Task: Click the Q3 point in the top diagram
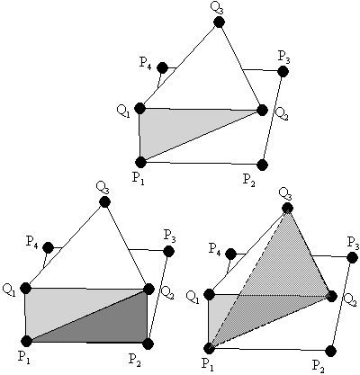(x=220, y=22)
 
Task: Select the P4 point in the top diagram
(x=163, y=67)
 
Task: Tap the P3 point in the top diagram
(x=283, y=71)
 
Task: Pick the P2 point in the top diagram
(x=263, y=165)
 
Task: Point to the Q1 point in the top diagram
(x=139, y=108)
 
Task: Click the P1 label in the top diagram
(x=139, y=179)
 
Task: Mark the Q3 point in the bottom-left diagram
(x=104, y=201)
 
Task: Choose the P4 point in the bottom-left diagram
(x=48, y=247)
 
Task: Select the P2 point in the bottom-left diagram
(x=148, y=344)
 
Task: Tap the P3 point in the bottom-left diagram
(x=168, y=251)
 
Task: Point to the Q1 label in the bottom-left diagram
(x=9, y=290)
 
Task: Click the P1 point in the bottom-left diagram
(x=26, y=341)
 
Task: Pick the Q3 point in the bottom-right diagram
(x=287, y=208)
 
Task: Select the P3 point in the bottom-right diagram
(x=352, y=257)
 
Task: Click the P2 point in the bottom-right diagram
(x=330, y=350)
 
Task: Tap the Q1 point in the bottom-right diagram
(x=209, y=294)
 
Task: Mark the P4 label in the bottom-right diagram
(x=215, y=248)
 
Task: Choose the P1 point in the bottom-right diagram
(x=209, y=348)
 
